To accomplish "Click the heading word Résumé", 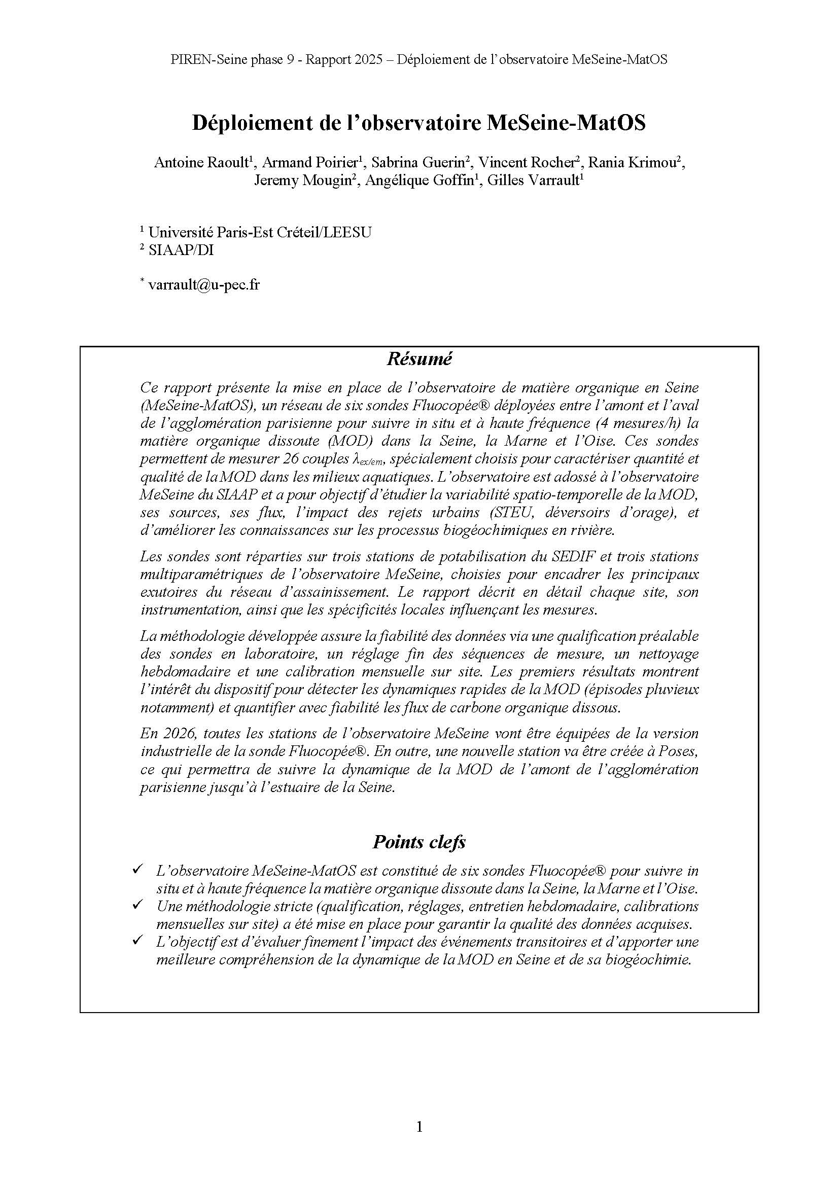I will [419, 359].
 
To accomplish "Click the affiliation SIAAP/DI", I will [181, 250].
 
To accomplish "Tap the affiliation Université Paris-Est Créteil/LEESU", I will [259, 232].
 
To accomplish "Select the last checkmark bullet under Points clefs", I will [137, 941].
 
